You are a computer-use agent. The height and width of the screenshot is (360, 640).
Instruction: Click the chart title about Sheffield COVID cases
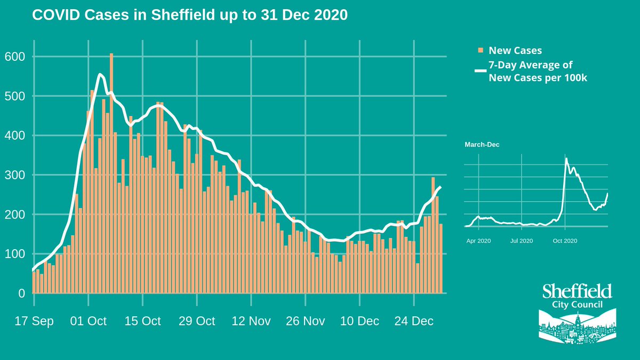tap(190, 15)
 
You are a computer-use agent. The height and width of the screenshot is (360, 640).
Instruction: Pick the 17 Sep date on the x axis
tap(34, 321)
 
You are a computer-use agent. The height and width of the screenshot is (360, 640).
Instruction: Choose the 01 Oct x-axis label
tap(89, 321)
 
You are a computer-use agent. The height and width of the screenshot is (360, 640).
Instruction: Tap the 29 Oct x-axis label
tap(197, 321)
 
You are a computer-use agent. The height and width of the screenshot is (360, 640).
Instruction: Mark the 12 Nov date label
tap(251, 321)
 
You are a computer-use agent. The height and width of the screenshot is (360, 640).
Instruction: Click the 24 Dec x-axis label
tap(414, 321)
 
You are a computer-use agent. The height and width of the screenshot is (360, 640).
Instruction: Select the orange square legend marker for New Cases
tap(481, 51)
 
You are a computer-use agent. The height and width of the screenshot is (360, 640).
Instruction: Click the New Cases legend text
tap(515, 51)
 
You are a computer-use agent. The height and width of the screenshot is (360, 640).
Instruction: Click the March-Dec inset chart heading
tap(482, 145)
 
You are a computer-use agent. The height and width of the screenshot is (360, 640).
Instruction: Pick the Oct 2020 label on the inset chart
tap(565, 241)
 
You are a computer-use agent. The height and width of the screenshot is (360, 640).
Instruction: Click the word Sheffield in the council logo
tap(577, 291)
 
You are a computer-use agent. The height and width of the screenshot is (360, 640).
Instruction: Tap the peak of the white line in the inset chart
tap(566, 158)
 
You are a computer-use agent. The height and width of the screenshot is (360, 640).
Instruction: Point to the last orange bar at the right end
tap(441, 259)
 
